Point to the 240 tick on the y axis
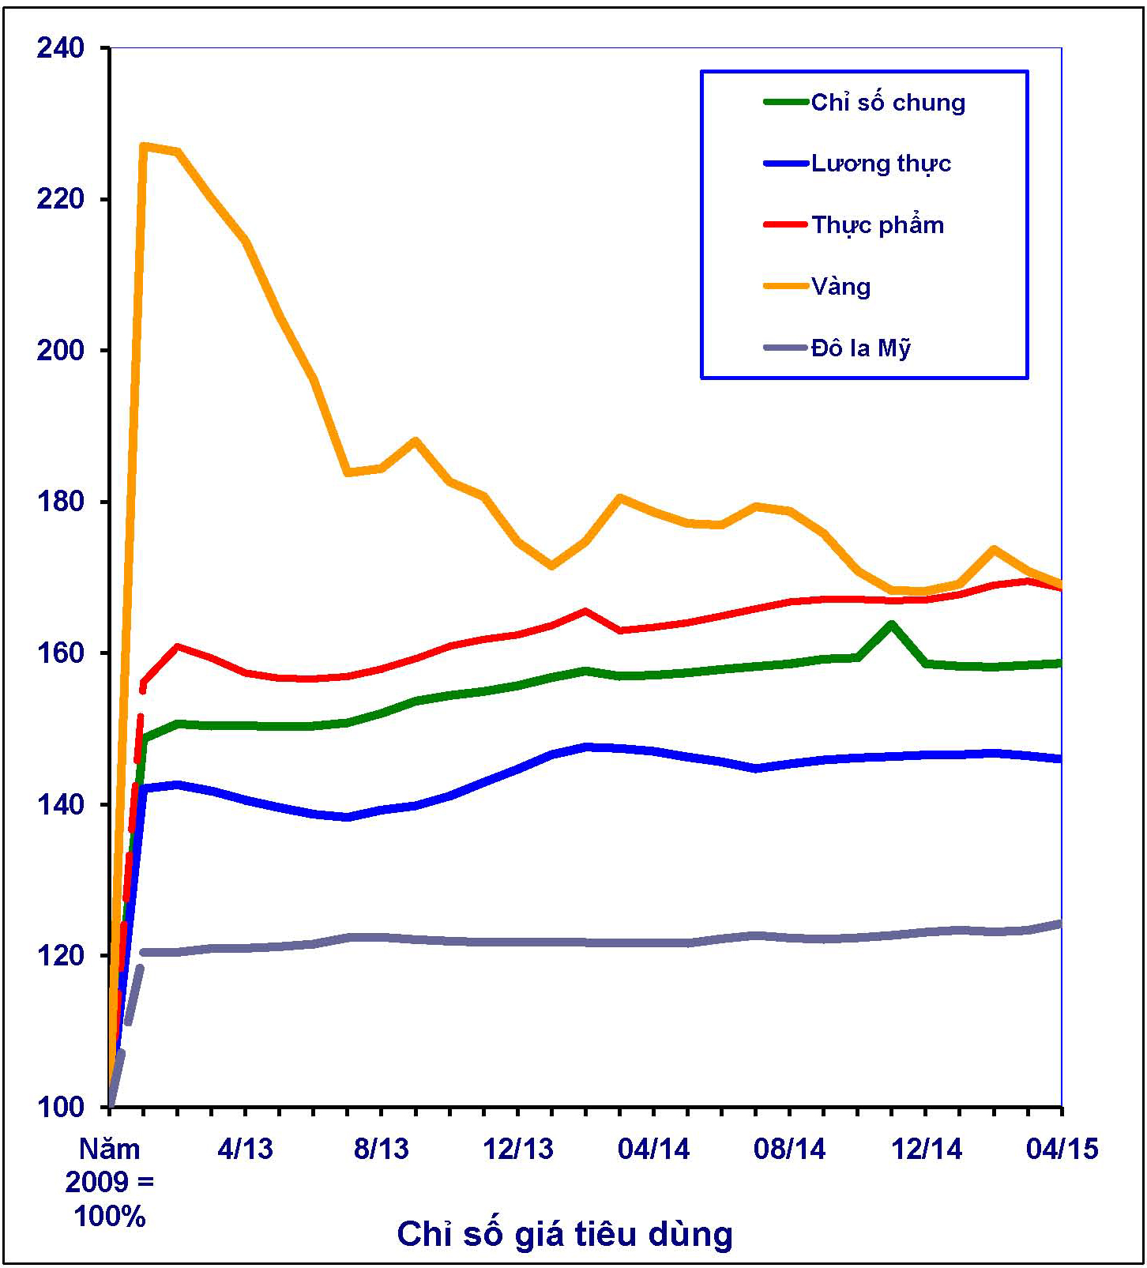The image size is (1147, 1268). [60, 47]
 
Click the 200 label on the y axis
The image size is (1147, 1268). [60, 350]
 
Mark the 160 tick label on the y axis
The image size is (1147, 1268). [60, 653]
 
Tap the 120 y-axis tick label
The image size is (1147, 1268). [60, 955]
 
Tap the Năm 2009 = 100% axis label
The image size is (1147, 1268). [109, 1182]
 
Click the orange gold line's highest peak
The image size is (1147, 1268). [144, 146]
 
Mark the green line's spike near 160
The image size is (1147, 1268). [891, 624]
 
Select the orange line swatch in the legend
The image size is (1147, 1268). [785, 286]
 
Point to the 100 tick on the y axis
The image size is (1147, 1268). [60, 1107]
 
